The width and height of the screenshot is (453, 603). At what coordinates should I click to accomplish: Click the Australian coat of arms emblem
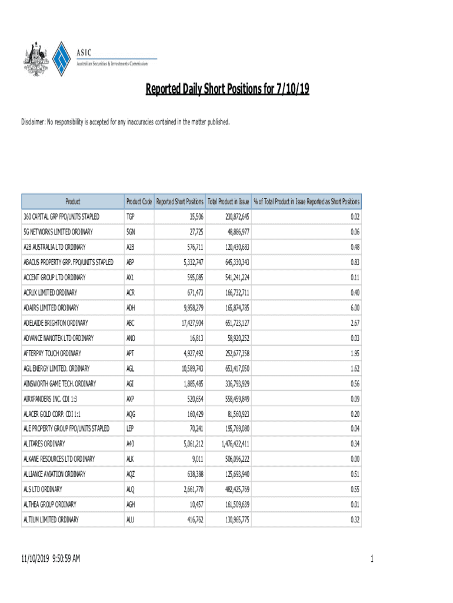pyautogui.click(x=35, y=60)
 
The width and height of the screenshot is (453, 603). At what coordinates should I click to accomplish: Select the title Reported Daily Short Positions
pyautogui.click(x=227, y=90)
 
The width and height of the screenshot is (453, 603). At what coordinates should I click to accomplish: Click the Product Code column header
pyautogui.click(x=139, y=201)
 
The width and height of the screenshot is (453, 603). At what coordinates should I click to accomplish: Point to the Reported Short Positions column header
pyautogui.click(x=180, y=201)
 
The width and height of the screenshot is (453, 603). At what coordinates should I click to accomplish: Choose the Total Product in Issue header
pyautogui.click(x=229, y=201)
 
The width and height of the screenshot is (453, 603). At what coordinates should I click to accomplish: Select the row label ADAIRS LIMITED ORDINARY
pyautogui.click(x=51, y=308)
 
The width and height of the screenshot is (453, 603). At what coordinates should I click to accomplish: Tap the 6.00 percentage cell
pyautogui.click(x=355, y=308)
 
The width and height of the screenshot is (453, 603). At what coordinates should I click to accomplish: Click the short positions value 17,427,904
pyautogui.click(x=189, y=323)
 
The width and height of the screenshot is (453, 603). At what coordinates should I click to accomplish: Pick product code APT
pyautogui.click(x=131, y=354)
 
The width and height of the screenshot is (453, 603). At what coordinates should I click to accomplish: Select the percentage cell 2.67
pyautogui.click(x=355, y=323)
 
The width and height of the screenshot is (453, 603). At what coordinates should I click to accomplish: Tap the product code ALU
pyautogui.click(x=131, y=520)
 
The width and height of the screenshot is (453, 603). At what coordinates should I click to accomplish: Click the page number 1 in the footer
pyautogui.click(x=372, y=558)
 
